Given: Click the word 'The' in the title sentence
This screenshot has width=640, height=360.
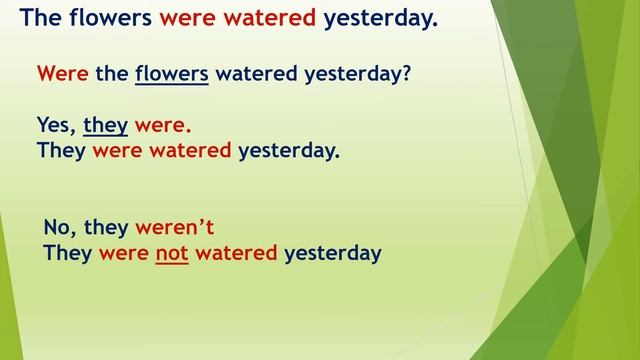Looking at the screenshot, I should [43, 17].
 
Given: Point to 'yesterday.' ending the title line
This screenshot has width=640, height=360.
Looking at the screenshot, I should [381, 17].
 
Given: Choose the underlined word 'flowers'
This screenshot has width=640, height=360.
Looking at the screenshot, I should [171, 74].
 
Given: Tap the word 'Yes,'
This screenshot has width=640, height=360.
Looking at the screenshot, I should [56, 127].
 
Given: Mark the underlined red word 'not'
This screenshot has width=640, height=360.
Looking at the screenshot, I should [172, 253].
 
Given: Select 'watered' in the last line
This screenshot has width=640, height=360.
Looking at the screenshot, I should [236, 253].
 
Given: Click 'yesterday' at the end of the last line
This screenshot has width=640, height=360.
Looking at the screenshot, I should [333, 253].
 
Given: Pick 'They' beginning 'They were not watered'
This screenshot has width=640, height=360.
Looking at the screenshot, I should [68, 253].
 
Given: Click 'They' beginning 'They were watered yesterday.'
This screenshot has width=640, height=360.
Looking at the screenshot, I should [61, 152].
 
